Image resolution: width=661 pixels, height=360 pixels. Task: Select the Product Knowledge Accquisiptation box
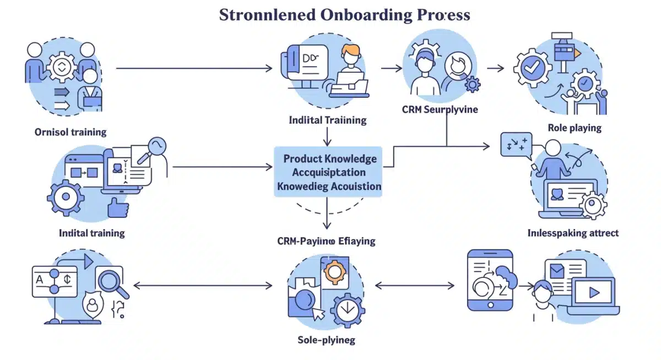click(x=329, y=172)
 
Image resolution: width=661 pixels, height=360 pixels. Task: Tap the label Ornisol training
click(x=70, y=132)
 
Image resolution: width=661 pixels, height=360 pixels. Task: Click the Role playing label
click(x=575, y=128)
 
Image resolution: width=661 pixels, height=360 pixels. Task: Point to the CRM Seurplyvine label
click(x=440, y=110)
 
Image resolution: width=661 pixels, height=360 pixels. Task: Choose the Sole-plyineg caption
click(x=326, y=340)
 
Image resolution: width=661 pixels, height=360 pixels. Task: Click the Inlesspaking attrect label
click(x=572, y=233)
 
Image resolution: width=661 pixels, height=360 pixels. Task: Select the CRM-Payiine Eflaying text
click(x=326, y=241)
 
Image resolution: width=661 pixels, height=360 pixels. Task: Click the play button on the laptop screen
click(x=594, y=293)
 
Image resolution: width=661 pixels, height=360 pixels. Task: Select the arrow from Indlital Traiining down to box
click(x=328, y=135)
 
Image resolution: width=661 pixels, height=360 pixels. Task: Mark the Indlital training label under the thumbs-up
click(x=91, y=233)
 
